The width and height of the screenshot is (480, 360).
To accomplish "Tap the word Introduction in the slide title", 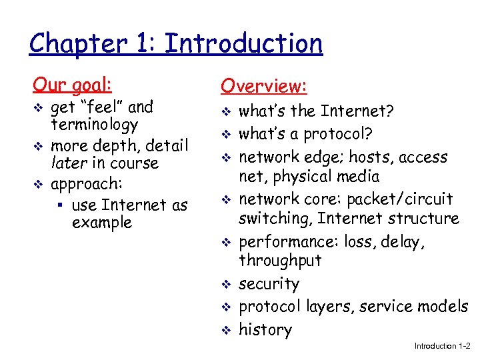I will click(243, 44).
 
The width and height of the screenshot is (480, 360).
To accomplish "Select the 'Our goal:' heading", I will click(73, 85).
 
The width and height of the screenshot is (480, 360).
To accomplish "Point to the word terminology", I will click(94, 125).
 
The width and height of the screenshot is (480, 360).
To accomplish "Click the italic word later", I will click(66, 163).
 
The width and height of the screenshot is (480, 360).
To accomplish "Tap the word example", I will click(102, 223).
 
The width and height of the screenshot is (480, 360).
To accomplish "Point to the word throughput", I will click(280, 261).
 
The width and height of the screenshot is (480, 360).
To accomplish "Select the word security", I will click(269, 284).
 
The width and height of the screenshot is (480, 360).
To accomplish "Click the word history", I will click(265, 330).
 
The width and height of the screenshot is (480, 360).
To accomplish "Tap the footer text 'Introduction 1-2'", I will click(442, 346).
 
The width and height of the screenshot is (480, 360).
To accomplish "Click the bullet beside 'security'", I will click(225, 285).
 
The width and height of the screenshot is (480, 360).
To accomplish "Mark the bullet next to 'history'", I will click(225, 331).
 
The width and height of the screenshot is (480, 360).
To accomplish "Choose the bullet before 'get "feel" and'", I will click(37, 108).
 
